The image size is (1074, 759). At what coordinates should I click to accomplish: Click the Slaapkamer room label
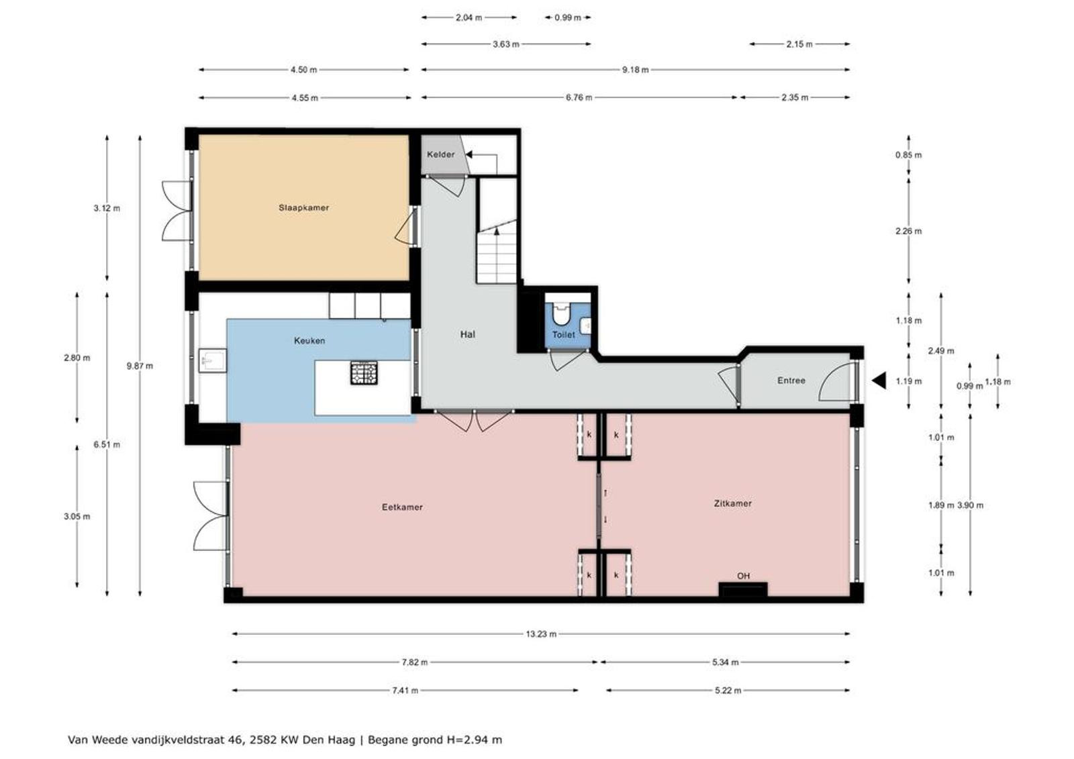point(303,207)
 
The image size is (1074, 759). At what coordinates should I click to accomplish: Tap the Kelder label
point(440,154)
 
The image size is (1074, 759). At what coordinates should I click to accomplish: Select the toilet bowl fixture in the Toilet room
point(560,313)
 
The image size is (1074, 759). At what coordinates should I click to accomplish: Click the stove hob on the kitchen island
point(364,372)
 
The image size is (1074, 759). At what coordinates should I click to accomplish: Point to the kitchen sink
point(212,360)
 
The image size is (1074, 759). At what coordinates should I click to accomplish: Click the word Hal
point(467,334)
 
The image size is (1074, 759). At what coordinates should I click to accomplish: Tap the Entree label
point(791,381)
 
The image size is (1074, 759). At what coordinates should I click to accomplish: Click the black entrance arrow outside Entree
point(879,381)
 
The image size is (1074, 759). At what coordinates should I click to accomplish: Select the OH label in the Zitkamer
point(743,576)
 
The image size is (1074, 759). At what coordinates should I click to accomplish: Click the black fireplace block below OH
point(742,589)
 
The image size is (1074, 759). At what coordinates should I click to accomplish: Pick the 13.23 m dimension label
point(541,634)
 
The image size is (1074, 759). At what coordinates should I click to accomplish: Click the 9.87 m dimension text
point(140,366)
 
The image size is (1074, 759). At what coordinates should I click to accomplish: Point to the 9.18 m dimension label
point(635,70)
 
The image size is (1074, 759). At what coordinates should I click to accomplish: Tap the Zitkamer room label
point(732,503)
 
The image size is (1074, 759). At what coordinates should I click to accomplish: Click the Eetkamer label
point(402,507)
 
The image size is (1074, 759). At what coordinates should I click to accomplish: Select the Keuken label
point(309,340)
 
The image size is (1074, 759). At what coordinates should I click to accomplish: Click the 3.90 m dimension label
point(970,505)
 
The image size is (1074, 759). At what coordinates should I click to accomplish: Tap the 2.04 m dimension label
point(469,17)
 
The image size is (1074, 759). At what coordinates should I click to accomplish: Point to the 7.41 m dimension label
point(405,691)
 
